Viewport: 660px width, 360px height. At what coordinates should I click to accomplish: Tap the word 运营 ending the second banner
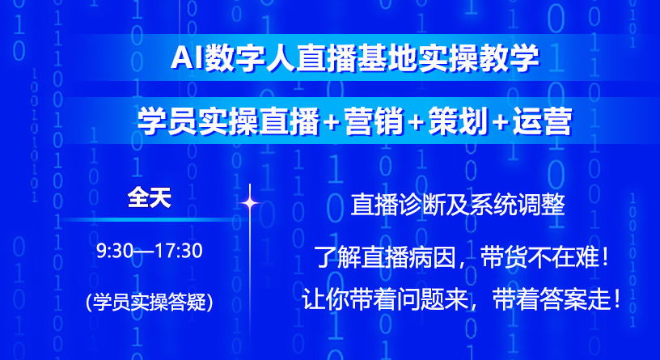542,121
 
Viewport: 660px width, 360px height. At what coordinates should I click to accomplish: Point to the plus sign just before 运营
500,122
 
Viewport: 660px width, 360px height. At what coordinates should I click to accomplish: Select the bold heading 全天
150,197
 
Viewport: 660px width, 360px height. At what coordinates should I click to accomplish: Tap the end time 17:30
179,251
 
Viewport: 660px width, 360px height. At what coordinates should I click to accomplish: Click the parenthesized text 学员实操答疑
150,302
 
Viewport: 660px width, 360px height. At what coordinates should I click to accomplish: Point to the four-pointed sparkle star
250,203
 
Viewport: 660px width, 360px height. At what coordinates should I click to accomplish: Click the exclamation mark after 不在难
605,257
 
